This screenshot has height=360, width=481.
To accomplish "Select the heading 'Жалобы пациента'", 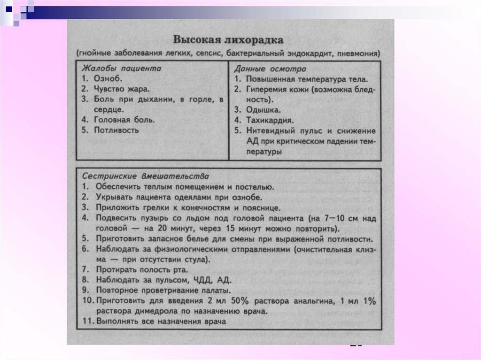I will [122, 68].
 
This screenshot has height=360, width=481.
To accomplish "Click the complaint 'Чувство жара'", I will [122, 89].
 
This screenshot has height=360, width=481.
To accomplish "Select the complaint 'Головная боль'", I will [124, 120].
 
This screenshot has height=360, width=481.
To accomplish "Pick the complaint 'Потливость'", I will [116, 130].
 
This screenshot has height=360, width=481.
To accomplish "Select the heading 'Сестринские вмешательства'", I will [145, 176].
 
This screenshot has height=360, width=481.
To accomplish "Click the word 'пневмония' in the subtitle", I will [361, 53].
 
